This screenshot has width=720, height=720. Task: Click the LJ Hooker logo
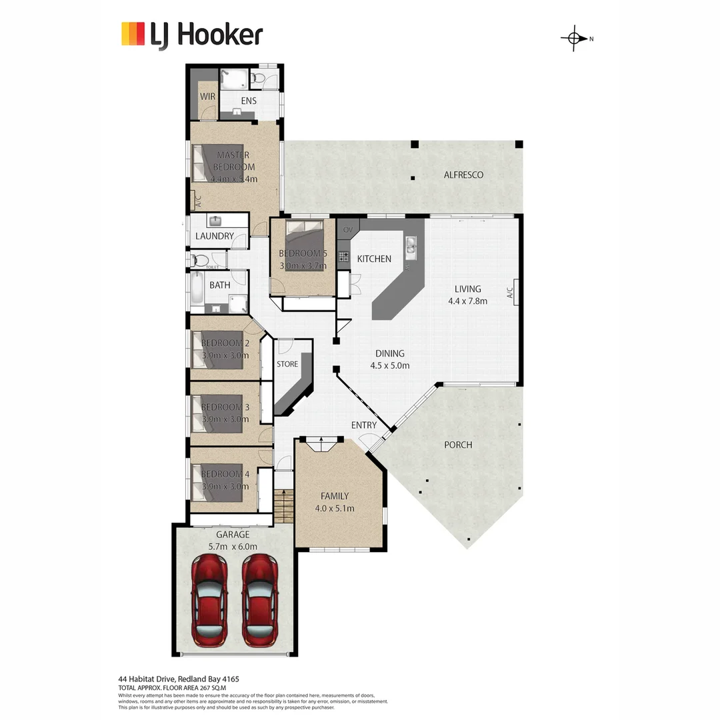coord(192,35)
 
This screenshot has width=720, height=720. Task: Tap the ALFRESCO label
coord(463,175)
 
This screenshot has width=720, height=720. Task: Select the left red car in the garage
coord(209,597)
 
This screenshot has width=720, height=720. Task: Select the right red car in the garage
coord(259,597)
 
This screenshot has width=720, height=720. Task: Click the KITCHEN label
coord(374,259)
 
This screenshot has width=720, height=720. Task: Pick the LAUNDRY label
coord(215,236)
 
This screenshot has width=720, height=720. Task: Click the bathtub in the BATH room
coord(199,291)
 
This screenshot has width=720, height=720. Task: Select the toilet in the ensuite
coord(259,79)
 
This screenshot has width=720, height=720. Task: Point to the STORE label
coord(287,364)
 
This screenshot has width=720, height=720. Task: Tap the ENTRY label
coord(364,425)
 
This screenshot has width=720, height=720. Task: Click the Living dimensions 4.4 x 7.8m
coord(467,301)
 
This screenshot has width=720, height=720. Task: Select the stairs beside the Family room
coord(283,506)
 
